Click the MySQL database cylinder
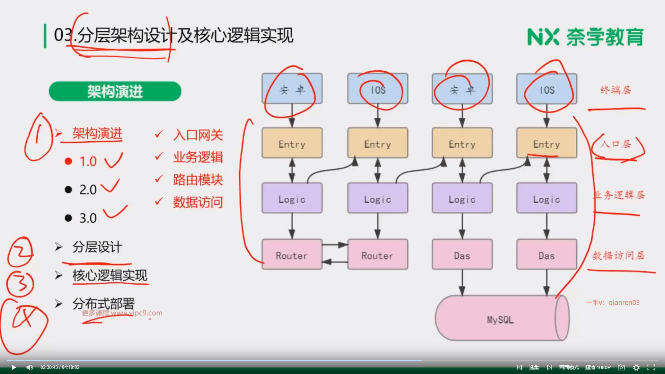coord(500,319)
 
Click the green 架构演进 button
coord(115,91)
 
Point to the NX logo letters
coord(543,37)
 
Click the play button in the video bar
coord(14,367)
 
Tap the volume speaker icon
coord(30,367)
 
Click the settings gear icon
coord(636,367)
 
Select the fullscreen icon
coord(651,367)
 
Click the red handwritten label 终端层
coord(616,90)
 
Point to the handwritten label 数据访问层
coord(619,256)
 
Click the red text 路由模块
coord(198,180)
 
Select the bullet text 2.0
coord(88,190)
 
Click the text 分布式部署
coord(103,304)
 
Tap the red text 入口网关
coord(198,135)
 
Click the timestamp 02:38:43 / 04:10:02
coord(60,367)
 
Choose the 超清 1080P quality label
coord(598,367)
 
